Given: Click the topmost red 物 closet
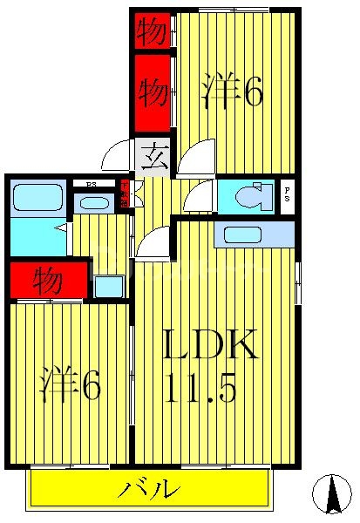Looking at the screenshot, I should point(152,31).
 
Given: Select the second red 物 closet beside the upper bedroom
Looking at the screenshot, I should point(152,91).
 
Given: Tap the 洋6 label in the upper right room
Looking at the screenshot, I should point(233,92).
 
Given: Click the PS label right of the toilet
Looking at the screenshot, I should point(288,197).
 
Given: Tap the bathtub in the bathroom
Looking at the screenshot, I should point(38,199).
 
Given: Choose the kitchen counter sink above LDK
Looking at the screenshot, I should point(254,234).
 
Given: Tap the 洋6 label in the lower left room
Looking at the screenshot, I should point(70,384).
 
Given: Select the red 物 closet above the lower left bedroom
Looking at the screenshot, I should point(48,280).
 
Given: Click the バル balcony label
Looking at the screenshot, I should point(149,489).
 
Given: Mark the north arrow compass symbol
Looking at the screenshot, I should point(331,494).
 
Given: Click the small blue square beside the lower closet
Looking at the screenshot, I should point(109,286).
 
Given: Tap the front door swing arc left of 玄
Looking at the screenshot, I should point(117,157).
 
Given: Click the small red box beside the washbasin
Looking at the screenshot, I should point(125,192).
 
